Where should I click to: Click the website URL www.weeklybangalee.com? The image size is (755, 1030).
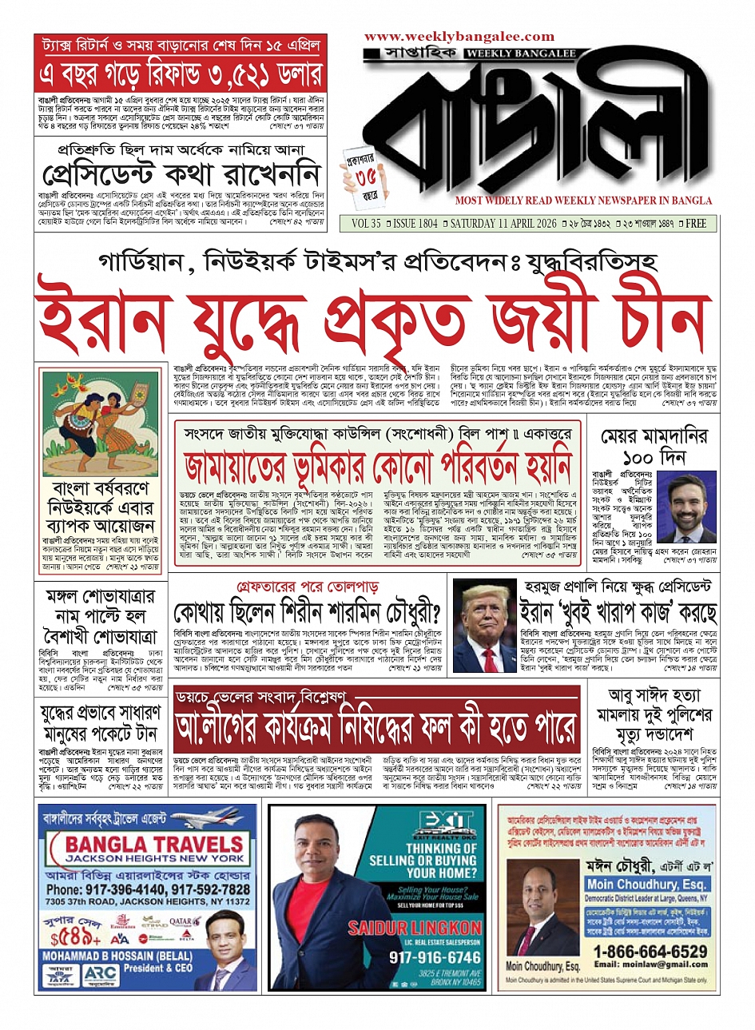tap(459, 37)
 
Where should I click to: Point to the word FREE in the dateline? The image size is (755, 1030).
tap(695, 224)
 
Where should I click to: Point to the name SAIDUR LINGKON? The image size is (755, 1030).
tap(415, 928)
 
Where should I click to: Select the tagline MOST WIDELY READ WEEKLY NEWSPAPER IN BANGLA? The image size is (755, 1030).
tap(582, 201)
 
